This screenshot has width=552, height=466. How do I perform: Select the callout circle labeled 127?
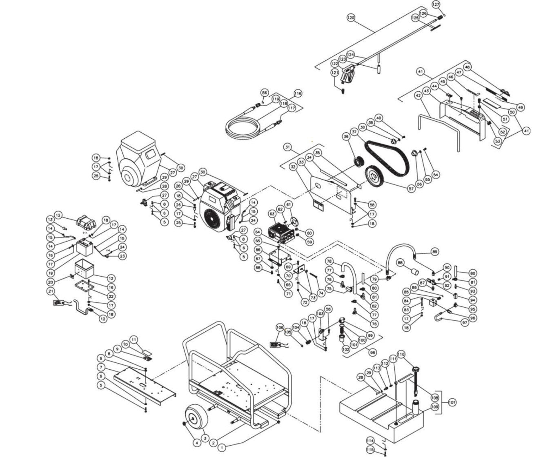pos(436,4)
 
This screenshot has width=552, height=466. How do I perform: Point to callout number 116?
pos(298,93)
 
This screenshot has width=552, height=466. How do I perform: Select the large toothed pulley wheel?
pos(377,177)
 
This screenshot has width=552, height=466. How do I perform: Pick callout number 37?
pos(354,132)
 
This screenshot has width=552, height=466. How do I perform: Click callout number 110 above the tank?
pos(401,354)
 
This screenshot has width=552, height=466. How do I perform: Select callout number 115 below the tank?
pos(370,449)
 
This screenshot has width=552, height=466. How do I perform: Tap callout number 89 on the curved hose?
pos(434,251)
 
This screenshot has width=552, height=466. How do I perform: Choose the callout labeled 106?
pos(280,327)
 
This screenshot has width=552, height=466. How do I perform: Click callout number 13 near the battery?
pos(50,219)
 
